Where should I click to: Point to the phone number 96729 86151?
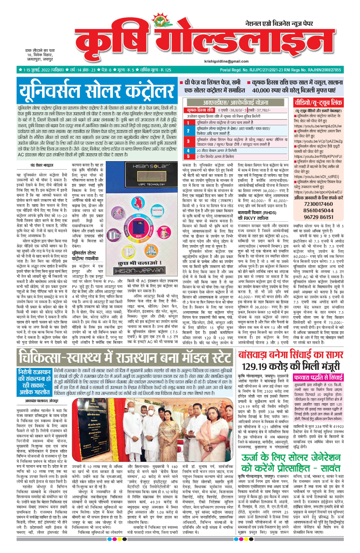coord(318,217)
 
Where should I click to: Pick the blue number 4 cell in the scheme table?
coord(188,150)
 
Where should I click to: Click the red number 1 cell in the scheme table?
coord(188,122)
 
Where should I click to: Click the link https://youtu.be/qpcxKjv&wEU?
coord(318,192)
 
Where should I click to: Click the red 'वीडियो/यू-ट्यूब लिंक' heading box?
coord(318,102)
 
